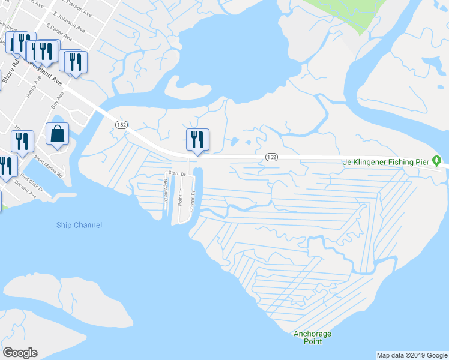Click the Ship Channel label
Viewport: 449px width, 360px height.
point(79,225)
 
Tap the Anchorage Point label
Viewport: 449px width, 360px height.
point(312,338)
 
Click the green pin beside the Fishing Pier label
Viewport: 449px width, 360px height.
point(437,161)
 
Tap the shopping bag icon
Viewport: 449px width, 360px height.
point(57,135)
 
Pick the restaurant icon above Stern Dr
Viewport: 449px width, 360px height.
point(197,140)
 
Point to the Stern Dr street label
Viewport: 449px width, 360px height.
point(177,173)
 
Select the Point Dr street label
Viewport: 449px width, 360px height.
point(180,197)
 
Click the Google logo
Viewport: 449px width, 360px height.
point(20,353)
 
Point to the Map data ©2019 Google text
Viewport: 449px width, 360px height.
point(411,355)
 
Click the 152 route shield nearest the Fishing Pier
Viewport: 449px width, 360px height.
point(271,157)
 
